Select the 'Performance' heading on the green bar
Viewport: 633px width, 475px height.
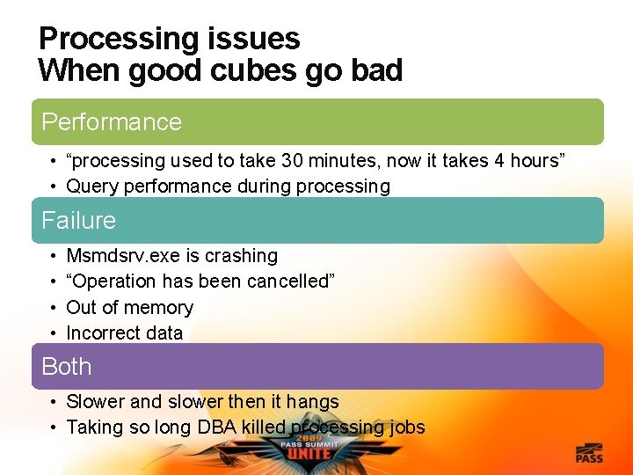tap(112, 122)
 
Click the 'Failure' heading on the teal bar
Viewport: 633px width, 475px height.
tap(79, 220)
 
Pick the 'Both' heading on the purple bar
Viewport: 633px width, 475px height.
tap(67, 366)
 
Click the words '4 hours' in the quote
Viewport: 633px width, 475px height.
tap(520, 161)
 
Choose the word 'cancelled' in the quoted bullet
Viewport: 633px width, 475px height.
tap(282, 281)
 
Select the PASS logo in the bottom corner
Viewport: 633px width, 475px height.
tap(588, 453)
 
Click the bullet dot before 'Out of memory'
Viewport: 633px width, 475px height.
tap(54, 308)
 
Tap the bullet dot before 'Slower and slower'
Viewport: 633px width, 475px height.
tap(54, 402)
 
